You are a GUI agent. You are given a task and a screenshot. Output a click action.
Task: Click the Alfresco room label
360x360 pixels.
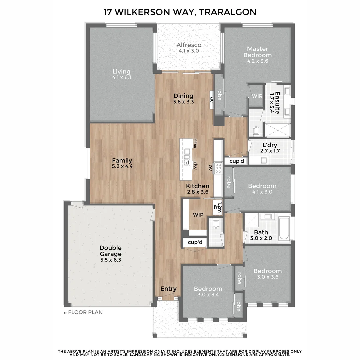pos(189,45)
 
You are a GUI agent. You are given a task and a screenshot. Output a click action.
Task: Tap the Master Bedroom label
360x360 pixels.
pos(257,52)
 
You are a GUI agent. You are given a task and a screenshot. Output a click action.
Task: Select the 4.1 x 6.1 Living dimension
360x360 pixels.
pos(121,77)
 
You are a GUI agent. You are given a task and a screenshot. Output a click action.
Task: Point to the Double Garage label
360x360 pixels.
pos(111,251)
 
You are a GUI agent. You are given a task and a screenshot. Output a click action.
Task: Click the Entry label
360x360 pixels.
pos(168,289)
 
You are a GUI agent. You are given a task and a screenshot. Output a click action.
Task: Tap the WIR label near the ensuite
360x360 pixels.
pos(257,96)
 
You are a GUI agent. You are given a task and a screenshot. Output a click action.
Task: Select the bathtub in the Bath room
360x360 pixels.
pos(284,228)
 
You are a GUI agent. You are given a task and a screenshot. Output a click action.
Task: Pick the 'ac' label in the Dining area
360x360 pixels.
pos(211,100)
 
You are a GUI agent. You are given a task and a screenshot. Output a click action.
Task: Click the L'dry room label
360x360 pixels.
pos(270,145)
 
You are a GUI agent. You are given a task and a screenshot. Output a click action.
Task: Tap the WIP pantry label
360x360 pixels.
pos(198,215)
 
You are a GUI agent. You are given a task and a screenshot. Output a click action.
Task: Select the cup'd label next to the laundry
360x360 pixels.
pos(237,161)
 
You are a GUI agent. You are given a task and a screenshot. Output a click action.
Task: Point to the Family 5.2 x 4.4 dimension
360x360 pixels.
pos(122,166)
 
